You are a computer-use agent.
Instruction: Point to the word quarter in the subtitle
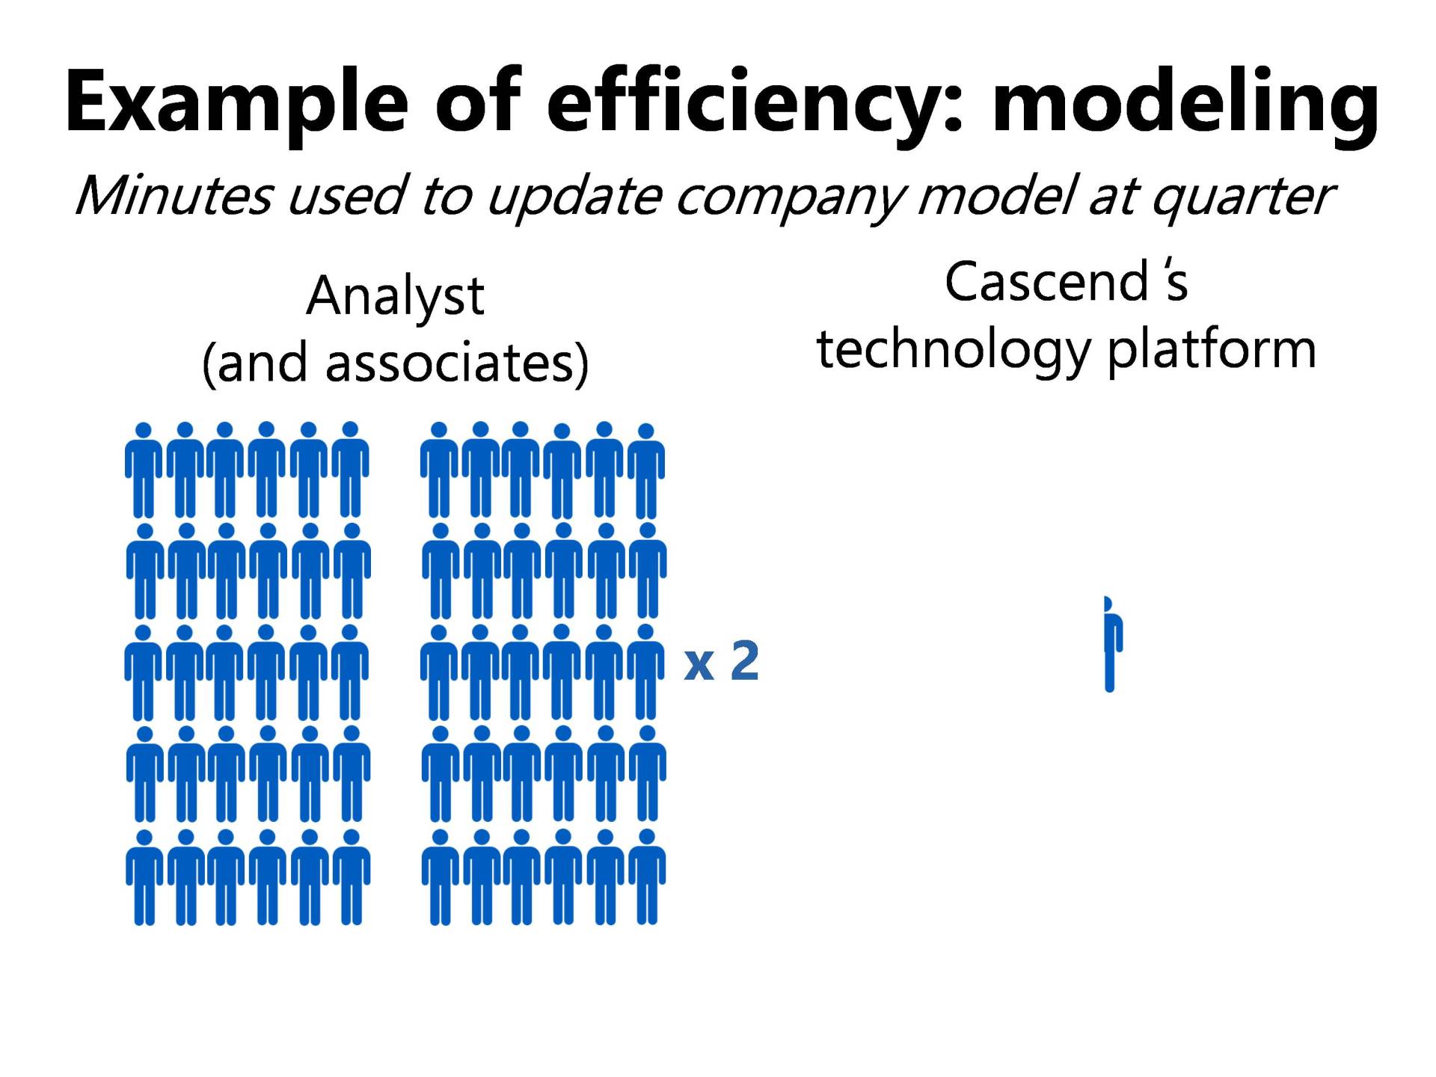[1242, 199]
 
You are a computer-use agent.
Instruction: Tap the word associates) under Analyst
[457, 364]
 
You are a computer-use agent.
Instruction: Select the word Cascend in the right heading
[1046, 282]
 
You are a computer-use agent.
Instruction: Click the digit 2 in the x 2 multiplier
[745, 660]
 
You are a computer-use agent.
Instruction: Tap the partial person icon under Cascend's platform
[1112, 644]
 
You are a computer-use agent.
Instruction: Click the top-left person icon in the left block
[144, 470]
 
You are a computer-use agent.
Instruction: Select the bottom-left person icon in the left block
[144, 877]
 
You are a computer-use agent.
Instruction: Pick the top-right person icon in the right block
[646, 472]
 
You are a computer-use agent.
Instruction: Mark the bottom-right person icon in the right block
[647, 877]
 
